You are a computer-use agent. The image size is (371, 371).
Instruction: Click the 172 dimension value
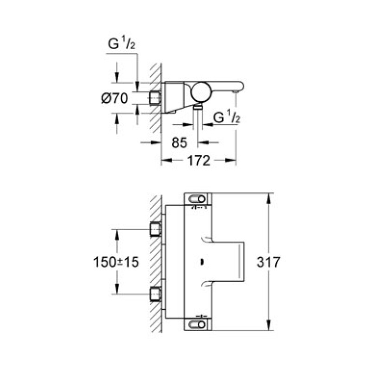(198, 161)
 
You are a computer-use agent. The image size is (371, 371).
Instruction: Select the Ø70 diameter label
(115, 98)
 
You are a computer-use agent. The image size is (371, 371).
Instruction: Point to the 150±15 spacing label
(116, 262)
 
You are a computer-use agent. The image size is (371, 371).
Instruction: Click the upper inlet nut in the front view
(155, 230)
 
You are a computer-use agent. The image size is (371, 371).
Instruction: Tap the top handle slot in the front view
(198, 200)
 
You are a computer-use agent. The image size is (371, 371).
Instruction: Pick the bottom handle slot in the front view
(198, 324)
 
